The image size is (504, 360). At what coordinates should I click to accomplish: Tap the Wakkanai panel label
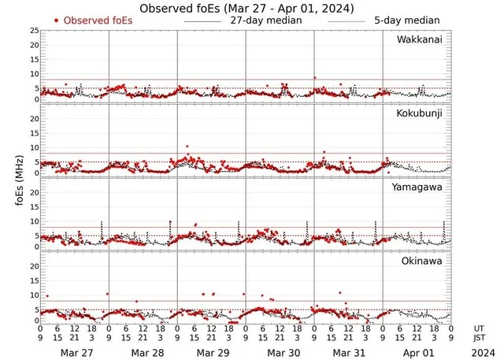pyautogui.click(x=418, y=39)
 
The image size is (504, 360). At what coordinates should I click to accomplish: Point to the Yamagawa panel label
pyautogui.click(x=419, y=187)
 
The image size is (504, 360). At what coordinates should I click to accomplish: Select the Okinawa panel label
pyautogui.click(x=422, y=260)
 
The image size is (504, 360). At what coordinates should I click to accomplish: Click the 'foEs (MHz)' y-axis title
pyautogui.click(x=18, y=177)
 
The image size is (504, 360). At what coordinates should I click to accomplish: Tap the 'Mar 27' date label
pyautogui.click(x=74, y=352)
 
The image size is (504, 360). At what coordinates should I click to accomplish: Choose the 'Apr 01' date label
pyautogui.click(x=417, y=352)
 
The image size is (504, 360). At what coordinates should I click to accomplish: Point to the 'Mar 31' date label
pyautogui.click(x=348, y=352)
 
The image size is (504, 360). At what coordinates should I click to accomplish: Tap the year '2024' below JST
pyautogui.click(x=480, y=352)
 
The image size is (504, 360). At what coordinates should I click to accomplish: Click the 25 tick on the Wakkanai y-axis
pyautogui.click(x=33, y=30)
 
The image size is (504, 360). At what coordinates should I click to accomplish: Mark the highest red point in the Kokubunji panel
pyautogui.click(x=187, y=147)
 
